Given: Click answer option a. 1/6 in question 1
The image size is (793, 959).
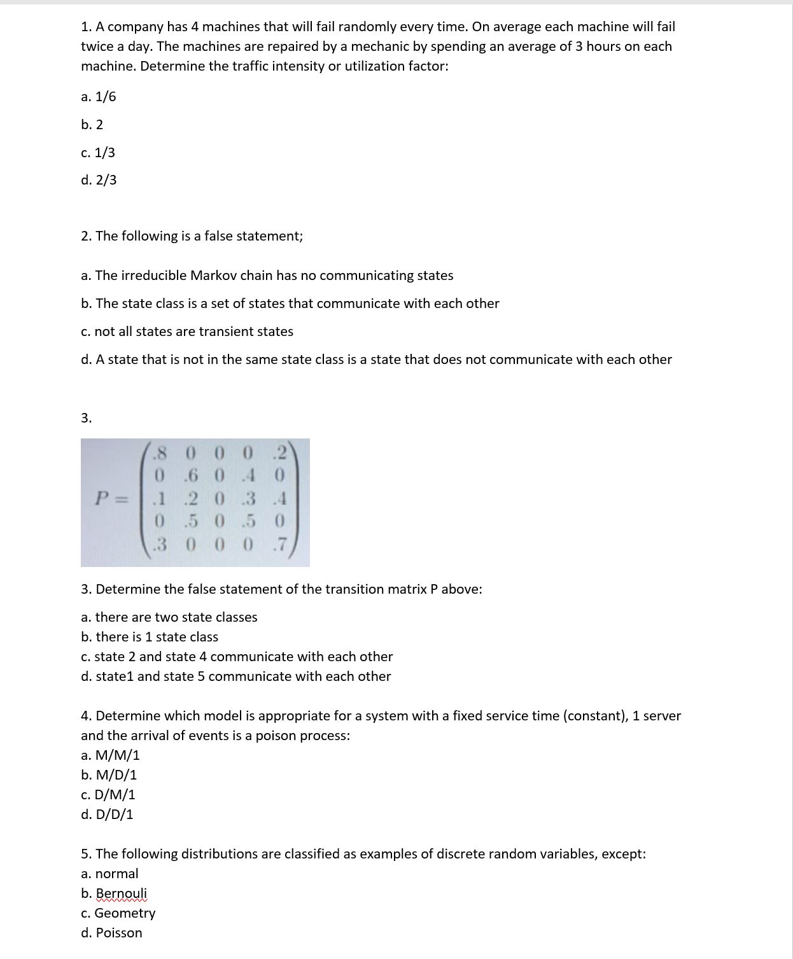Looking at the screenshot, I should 99,97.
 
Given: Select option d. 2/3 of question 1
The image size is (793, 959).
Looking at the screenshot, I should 99,180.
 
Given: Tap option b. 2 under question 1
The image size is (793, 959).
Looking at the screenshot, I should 92,125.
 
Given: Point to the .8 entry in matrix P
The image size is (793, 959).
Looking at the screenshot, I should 160,453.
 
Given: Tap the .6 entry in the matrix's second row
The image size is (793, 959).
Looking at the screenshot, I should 190,476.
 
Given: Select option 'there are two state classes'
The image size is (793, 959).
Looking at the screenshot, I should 169,617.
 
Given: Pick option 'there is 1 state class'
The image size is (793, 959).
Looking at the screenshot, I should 150,637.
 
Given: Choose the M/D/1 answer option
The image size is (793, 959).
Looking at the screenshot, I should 109,775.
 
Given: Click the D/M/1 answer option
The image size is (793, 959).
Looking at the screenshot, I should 108,795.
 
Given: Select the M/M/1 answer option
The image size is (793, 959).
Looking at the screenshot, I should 110,755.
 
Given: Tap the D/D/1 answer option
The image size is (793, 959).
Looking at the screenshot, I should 107,815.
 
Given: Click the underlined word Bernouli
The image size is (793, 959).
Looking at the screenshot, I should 121,893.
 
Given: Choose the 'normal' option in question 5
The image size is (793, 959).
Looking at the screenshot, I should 109,874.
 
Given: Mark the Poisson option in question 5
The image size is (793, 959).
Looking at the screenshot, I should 111,933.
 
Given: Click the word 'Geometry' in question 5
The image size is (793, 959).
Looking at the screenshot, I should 125,913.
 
